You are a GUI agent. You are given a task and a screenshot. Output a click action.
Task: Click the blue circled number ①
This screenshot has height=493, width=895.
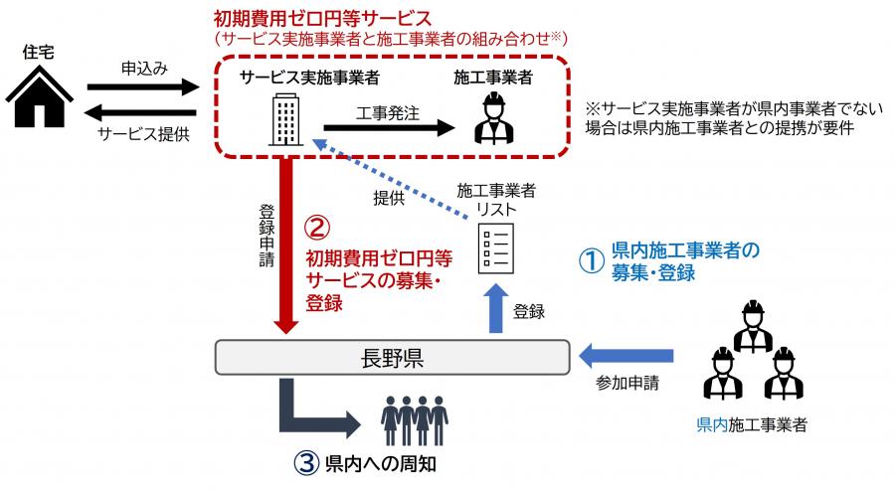(592, 260)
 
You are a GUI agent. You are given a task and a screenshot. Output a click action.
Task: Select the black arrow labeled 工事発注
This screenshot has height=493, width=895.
(388, 126)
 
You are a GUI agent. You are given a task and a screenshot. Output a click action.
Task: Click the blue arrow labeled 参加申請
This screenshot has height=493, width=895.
(626, 355)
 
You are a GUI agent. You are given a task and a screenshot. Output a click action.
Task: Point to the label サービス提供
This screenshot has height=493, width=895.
(143, 131)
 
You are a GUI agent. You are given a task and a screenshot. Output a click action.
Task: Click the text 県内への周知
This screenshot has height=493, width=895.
(383, 463)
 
